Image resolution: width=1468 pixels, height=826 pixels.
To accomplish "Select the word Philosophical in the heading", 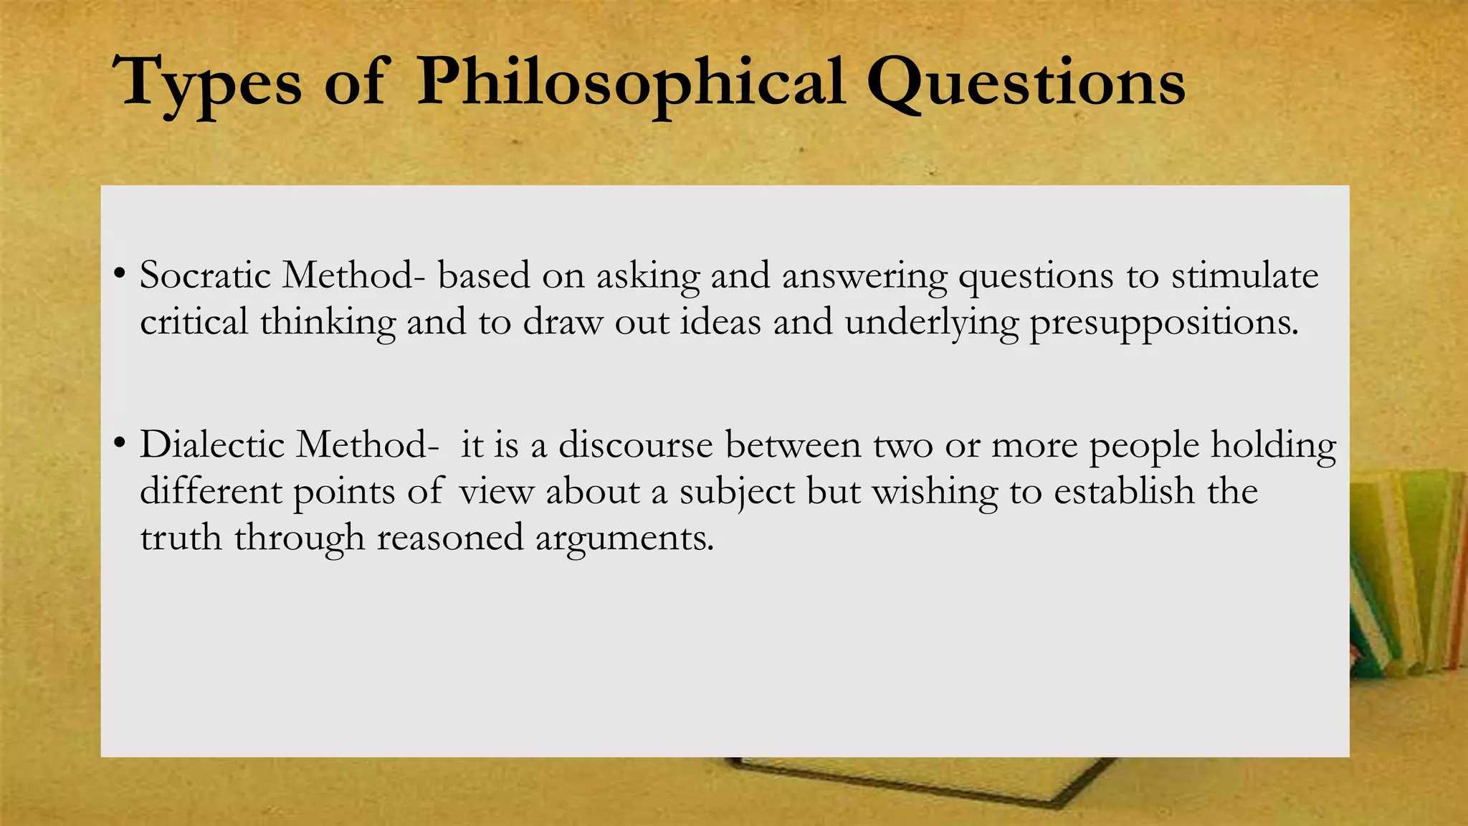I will click(x=631, y=85).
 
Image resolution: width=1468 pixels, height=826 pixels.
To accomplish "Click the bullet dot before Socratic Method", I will click(x=120, y=274).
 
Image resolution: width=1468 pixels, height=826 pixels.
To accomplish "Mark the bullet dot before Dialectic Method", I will click(x=120, y=443).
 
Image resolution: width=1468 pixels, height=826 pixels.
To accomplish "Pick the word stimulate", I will click(x=1245, y=275).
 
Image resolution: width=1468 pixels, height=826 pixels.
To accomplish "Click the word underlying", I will click(x=931, y=323).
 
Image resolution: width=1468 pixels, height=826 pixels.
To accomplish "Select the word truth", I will click(x=181, y=538).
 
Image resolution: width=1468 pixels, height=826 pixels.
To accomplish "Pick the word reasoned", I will click(x=450, y=538).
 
